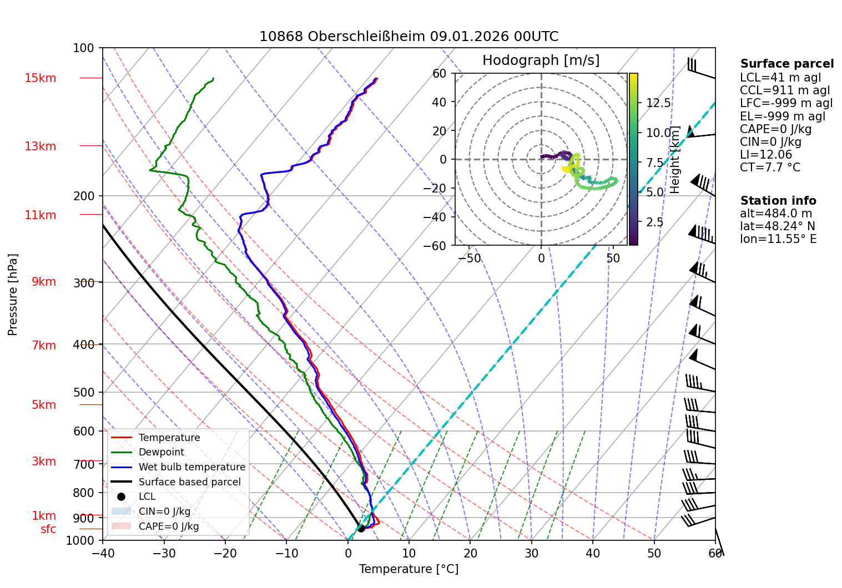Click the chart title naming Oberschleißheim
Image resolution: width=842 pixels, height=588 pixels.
(409, 37)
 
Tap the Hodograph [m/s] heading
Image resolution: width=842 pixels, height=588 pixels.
(541, 60)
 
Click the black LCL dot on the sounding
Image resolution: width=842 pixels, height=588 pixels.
(361, 528)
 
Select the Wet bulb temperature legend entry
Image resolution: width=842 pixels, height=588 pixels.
(191, 467)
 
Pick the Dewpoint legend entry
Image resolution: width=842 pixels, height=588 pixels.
(161, 452)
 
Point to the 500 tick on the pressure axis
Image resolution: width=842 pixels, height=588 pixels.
(84, 393)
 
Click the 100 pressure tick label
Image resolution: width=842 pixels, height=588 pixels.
(84, 48)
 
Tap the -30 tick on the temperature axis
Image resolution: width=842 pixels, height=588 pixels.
(164, 553)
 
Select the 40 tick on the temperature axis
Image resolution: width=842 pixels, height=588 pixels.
(593, 553)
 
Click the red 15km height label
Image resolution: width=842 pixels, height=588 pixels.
(40, 78)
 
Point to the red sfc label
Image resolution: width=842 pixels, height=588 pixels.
(48, 529)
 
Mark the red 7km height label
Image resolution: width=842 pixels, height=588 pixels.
(44, 346)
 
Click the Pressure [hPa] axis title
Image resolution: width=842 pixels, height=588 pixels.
(13, 295)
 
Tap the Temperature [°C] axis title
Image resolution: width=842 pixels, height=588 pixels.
(409, 569)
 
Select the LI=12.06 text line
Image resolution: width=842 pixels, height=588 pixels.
(766, 155)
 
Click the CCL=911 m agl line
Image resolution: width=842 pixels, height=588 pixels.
(785, 90)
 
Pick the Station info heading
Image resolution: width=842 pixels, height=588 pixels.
(778, 201)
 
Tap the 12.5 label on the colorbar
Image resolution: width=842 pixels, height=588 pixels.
(658, 103)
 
